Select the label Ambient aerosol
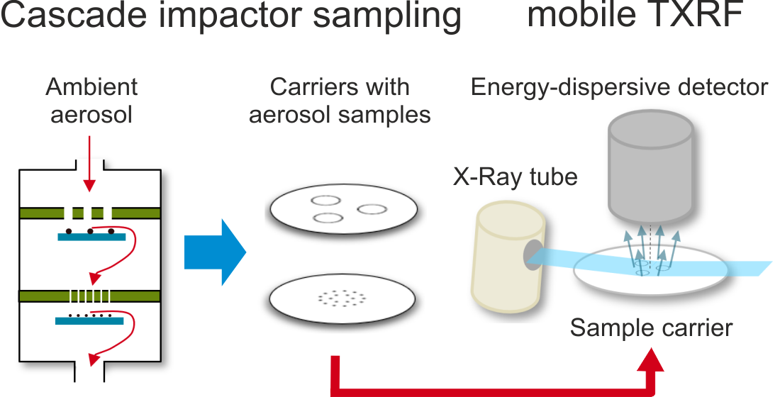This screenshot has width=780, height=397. [91, 100]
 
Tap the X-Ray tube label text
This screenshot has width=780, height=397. [516, 177]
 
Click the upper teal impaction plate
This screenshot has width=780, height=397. [91, 237]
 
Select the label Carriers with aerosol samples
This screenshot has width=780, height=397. [340, 100]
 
